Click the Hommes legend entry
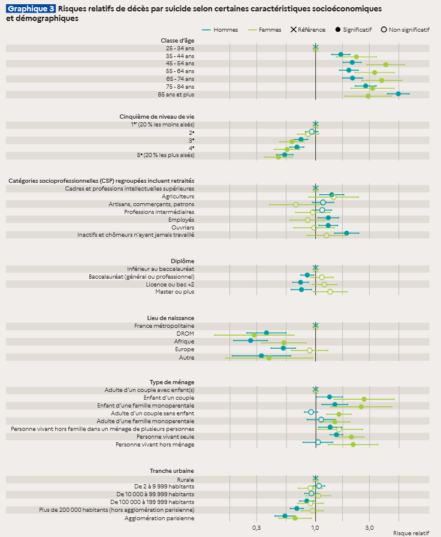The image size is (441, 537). click(219, 29)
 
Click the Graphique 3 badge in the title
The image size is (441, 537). click(31, 9)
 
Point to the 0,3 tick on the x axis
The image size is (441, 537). click(256, 527)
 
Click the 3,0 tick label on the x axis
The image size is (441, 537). click(369, 527)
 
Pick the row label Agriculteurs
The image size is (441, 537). click(178, 196)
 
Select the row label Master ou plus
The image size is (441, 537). click(175, 292)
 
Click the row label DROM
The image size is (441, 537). click(185, 333)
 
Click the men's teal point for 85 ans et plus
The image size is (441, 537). click(398, 93)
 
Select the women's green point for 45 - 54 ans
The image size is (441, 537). click(386, 64)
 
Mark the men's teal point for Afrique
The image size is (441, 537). click(250, 340)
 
